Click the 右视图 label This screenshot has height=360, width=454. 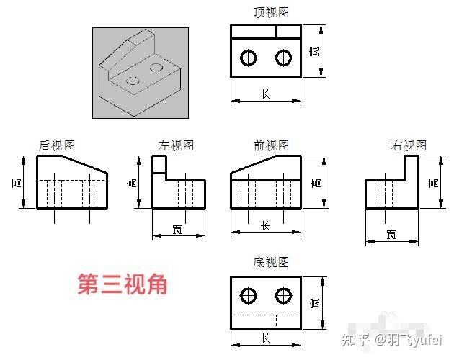[x=409, y=145]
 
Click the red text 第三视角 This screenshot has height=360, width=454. [x=123, y=284]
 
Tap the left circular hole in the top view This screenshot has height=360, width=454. [x=249, y=57]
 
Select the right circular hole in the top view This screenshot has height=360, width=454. [x=284, y=57]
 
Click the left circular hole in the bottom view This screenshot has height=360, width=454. [x=249, y=295]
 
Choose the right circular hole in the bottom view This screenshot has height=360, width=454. [x=284, y=295]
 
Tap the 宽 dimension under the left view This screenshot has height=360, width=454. [x=178, y=230]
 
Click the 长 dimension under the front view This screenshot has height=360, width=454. [x=265, y=226]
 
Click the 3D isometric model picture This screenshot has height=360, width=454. [x=140, y=72]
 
